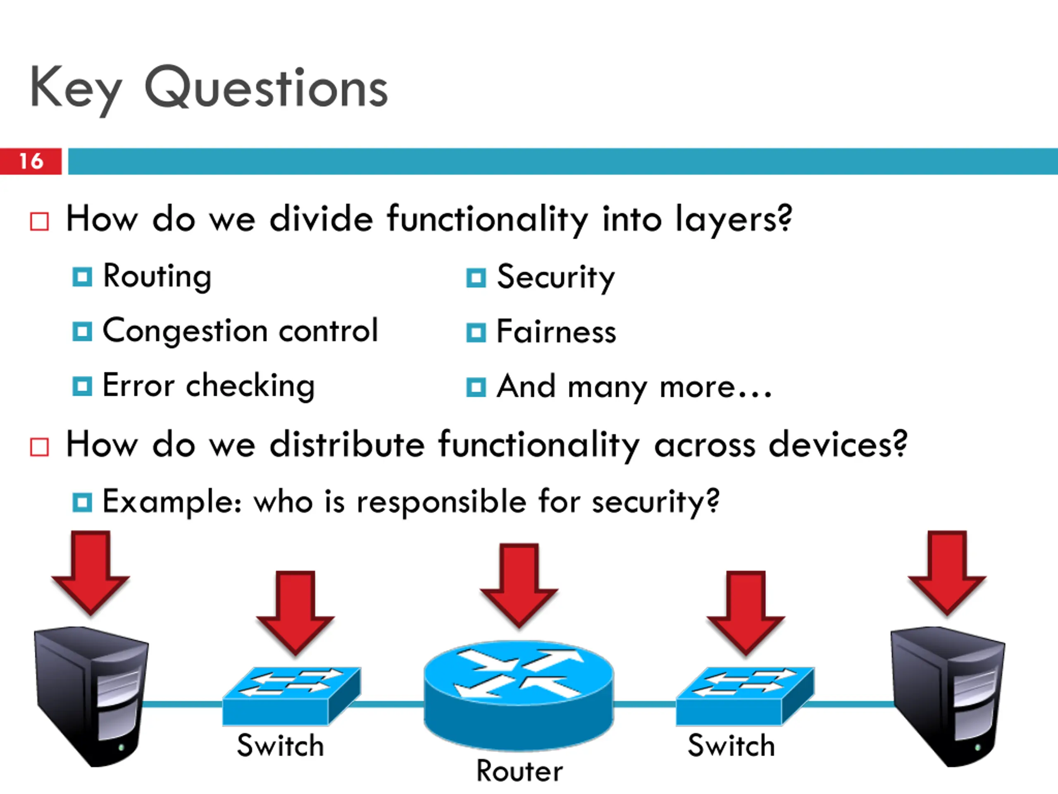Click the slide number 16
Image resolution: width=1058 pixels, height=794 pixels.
[31, 161]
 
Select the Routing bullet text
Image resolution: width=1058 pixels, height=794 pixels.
[157, 277]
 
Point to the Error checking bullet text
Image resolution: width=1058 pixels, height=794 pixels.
[209, 386]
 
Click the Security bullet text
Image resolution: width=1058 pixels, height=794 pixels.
[556, 277]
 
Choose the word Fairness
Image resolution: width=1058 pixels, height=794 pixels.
[556, 332]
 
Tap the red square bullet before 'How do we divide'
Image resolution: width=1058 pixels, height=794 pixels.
[39, 222]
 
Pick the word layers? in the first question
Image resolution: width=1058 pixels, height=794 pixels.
[734, 220]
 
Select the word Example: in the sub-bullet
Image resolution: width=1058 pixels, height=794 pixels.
[172, 502]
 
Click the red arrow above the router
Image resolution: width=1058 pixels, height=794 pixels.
[519, 585]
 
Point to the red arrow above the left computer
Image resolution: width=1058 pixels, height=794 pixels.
[91, 572]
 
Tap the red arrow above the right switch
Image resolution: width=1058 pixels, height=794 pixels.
[746, 612]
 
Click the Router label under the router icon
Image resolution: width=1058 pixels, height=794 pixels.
[520, 771]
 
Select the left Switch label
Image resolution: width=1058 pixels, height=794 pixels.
[281, 745]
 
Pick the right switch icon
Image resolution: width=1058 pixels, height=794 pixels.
[745, 696]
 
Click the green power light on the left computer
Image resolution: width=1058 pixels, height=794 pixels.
[121, 746]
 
